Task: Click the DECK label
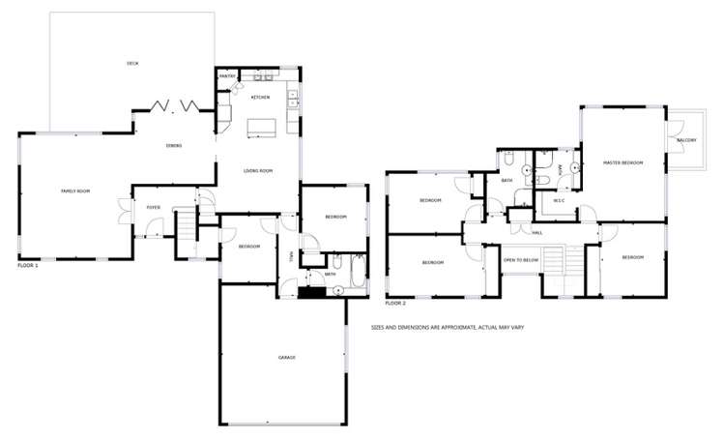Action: (132, 64)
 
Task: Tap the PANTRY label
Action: (228, 75)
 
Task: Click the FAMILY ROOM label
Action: (75, 191)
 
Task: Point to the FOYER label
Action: (153, 207)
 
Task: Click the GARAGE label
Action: (286, 358)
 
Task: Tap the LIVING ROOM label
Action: (258, 171)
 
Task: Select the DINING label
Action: (174, 145)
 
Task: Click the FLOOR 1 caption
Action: (28, 264)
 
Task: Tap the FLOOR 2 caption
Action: (395, 303)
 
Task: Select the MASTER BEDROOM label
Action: (623, 163)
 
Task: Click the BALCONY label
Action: (686, 141)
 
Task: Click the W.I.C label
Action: (558, 201)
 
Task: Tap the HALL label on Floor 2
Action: (536, 233)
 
